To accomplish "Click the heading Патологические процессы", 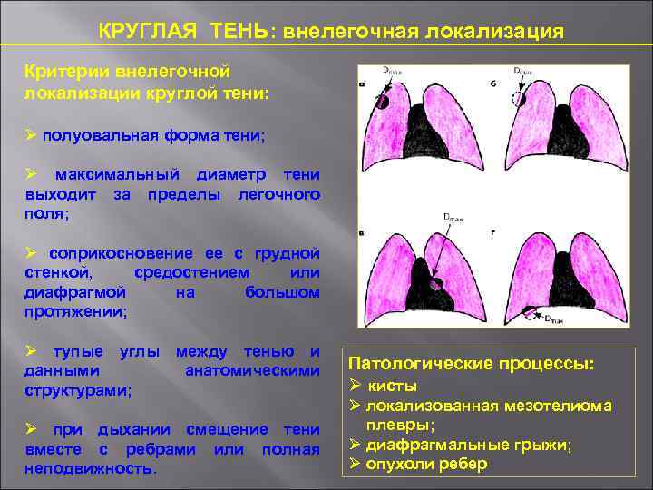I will [472, 363].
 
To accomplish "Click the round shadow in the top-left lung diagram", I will [382, 101].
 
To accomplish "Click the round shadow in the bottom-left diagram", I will [437, 284].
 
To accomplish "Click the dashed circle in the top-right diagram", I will [519, 98].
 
